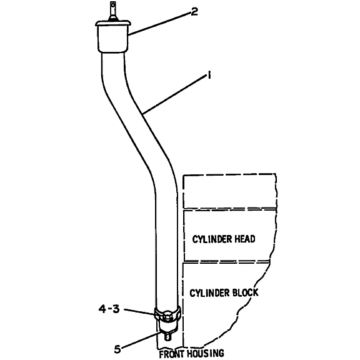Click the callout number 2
pos(194,11)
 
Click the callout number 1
pos(209,75)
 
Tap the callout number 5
pos(117,349)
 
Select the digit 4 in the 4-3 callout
pos(102,309)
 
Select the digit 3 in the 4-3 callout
pos(116,309)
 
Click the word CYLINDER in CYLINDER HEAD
pos(209,239)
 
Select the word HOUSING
pos(206,353)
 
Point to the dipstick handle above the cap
pos(112,11)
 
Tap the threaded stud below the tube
pos(167,337)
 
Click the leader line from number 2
pos(160,23)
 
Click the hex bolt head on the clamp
pos(167,315)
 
